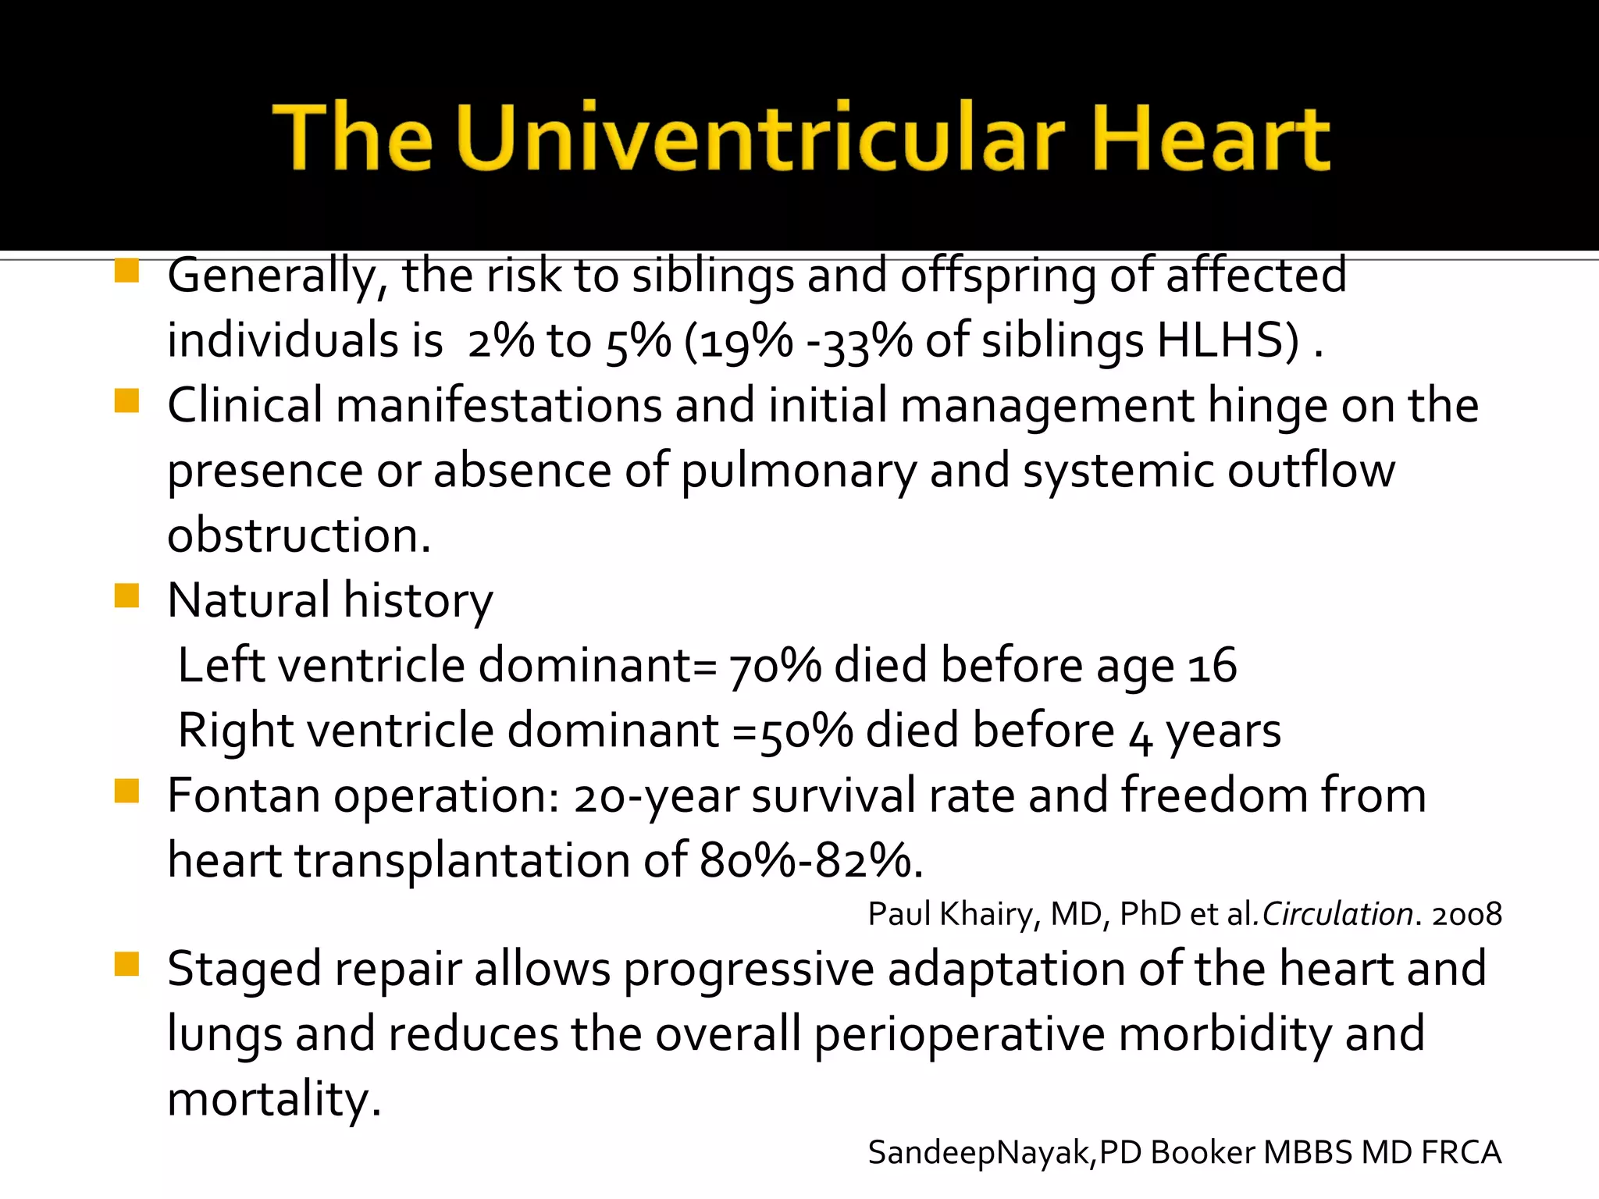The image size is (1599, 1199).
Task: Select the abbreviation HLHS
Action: coord(1227,341)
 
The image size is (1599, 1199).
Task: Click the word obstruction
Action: coord(299,536)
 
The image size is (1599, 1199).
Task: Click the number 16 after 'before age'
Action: coord(1212,667)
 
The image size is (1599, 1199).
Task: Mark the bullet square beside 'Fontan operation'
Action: coord(126,791)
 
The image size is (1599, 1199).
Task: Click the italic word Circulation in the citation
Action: coord(1337,914)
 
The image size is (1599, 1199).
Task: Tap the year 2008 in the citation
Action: coord(1466,914)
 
